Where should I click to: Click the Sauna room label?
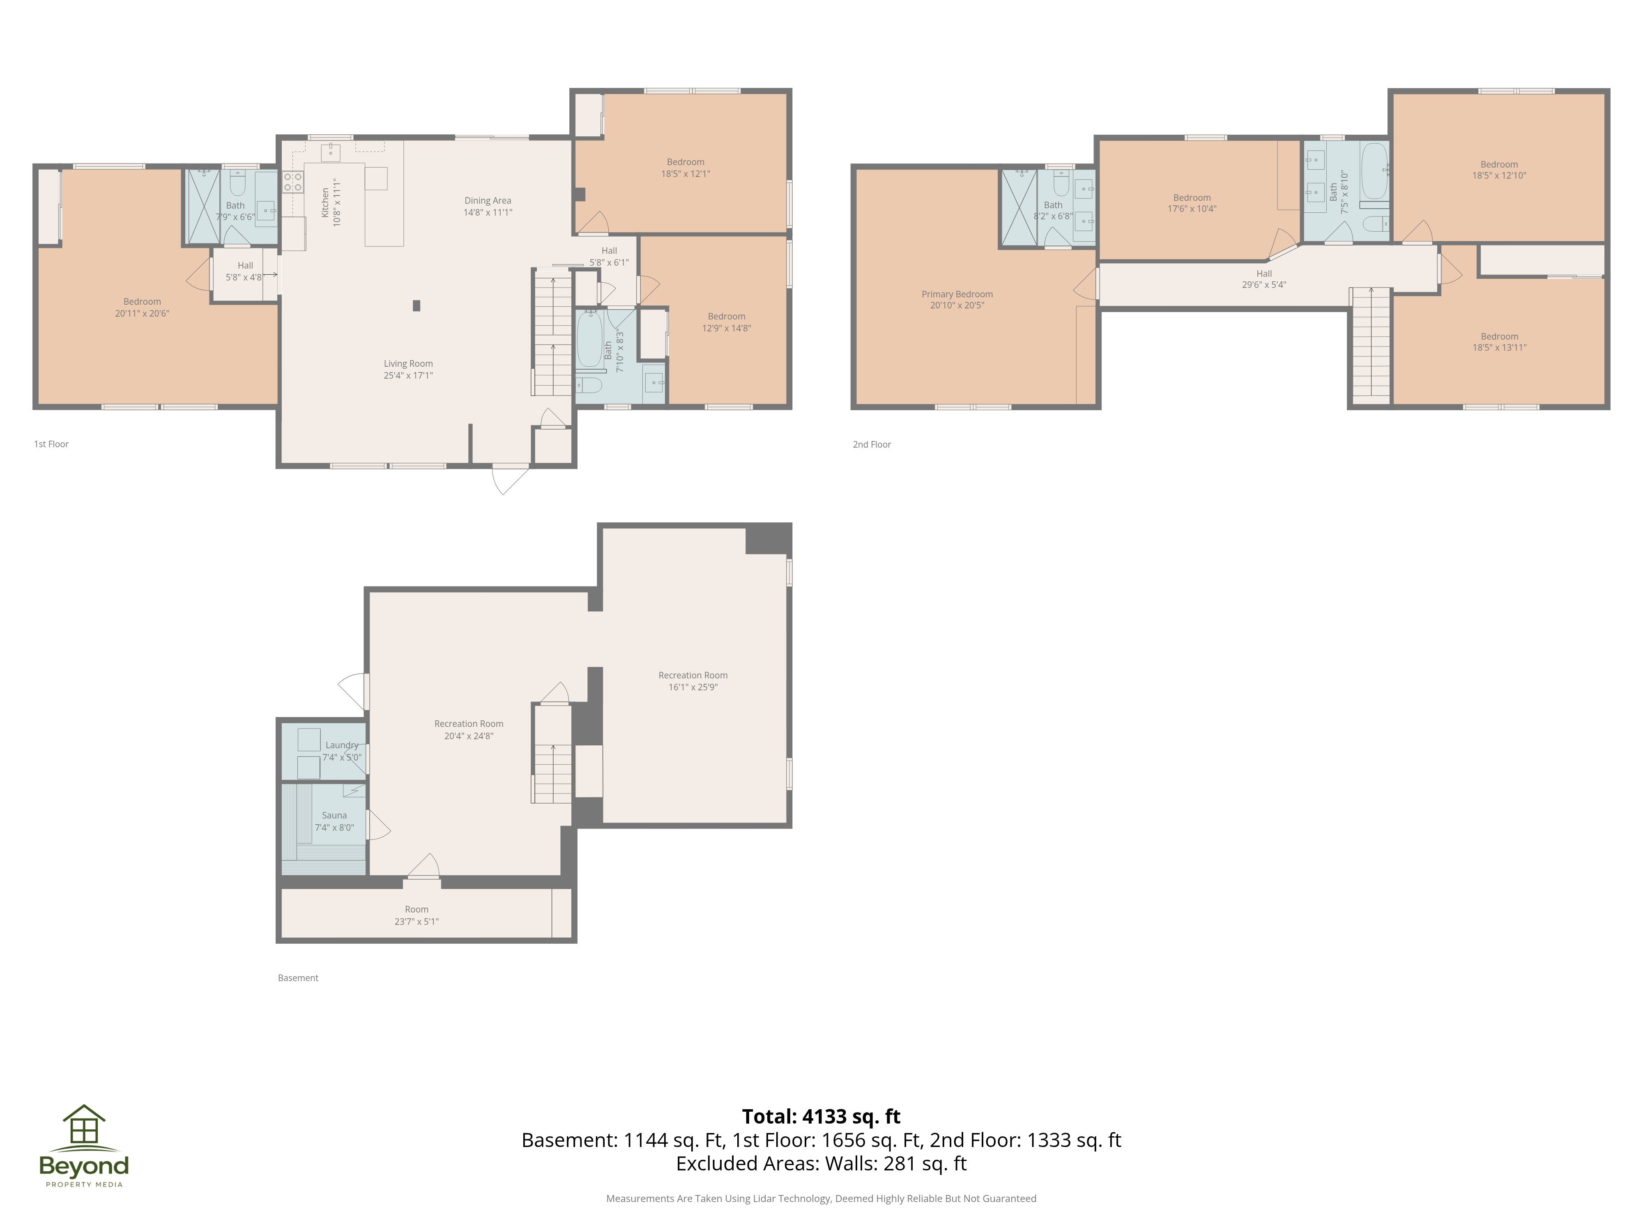334,816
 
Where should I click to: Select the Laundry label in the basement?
342,745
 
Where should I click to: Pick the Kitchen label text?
324,202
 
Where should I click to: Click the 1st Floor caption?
51,444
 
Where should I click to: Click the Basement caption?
298,978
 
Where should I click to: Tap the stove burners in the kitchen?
292,182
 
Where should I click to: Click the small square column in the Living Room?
417,305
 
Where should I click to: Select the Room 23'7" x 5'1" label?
416,915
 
